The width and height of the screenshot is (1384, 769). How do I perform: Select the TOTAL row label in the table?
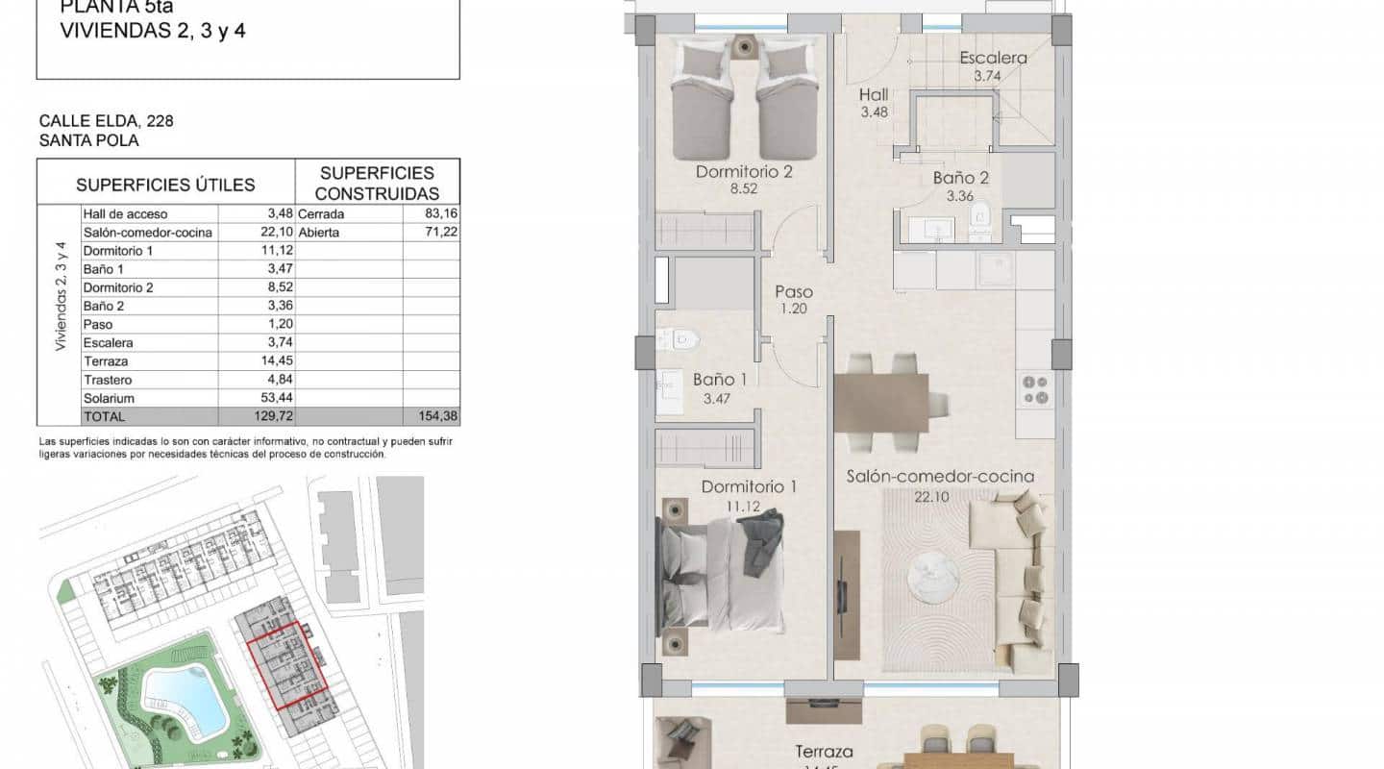pyautogui.click(x=105, y=416)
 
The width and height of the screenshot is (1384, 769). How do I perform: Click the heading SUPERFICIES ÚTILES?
pyautogui.click(x=165, y=185)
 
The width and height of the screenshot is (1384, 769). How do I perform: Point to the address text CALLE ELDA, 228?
pyautogui.click(x=106, y=121)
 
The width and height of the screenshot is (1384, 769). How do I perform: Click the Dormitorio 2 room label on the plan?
pyautogui.click(x=745, y=173)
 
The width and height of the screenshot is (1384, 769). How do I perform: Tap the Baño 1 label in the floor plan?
pyautogui.click(x=720, y=380)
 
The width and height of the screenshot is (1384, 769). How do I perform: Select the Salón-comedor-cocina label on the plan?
pyautogui.click(x=940, y=477)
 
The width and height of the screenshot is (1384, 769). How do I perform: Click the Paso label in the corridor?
pyautogui.click(x=794, y=292)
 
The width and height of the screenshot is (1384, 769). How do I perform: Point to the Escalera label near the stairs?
pyautogui.click(x=993, y=59)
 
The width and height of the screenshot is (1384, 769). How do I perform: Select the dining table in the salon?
pyautogui.click(x=881, y=402)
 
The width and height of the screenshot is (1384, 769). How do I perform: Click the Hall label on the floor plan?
pyautogui.click(x=874, y=95)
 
